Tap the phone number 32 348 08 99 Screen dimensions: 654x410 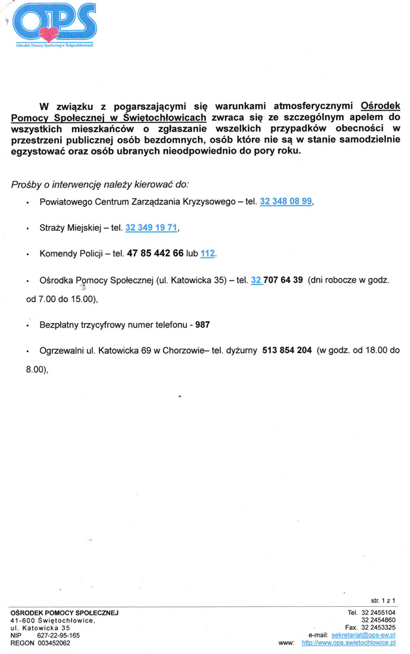click(286, 203)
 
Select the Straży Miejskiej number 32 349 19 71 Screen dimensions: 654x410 click(151, 228)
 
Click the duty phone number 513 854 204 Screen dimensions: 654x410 click(286, 351)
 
